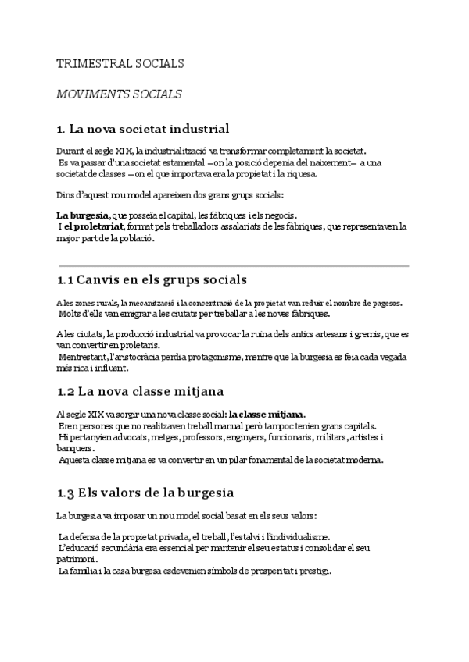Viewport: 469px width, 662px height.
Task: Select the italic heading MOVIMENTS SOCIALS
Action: tap(119, 94)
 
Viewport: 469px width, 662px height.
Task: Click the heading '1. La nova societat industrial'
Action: tap(143, 128)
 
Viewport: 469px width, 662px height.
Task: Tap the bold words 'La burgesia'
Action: tap(82, 215)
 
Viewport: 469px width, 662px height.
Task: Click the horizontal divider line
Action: tap(233, 267)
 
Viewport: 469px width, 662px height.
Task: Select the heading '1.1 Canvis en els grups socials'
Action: tap(152, 279)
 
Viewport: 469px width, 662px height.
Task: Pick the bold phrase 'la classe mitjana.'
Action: tap(267, 414)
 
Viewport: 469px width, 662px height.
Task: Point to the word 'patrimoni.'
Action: tap(78, 560)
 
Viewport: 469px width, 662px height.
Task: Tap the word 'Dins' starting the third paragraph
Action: tap(65, 194)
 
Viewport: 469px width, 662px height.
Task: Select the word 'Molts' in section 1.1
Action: tap(72, 314)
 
